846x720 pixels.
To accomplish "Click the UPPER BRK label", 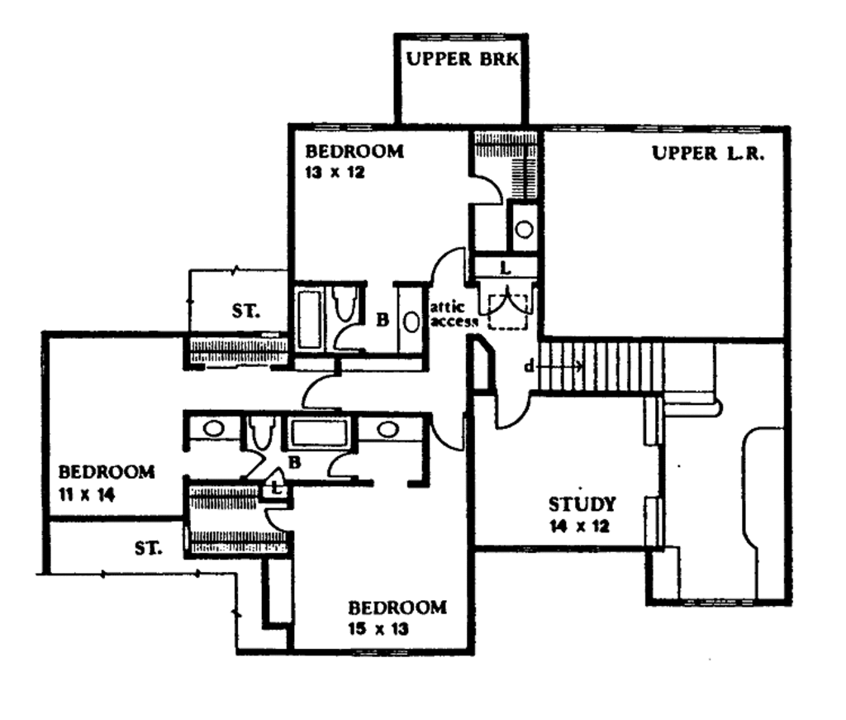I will click(460, 60).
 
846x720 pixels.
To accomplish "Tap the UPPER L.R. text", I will click(707, 153).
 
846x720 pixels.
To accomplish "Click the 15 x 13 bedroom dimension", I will click(378, 627).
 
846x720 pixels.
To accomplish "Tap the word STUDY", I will click(582, 504).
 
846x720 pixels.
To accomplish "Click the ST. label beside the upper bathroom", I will click(245, 312).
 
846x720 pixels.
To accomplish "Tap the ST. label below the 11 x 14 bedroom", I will click(149, 547).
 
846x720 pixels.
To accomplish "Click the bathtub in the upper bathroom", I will click(310, 318).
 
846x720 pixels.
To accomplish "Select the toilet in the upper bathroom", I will click(345, 303).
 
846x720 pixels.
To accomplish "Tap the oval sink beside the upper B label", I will click(411, 320).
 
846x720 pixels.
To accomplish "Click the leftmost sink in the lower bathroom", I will click(212, 429).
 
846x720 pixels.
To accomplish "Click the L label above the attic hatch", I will click(505, 268).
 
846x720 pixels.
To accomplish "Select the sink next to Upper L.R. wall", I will click(524, 229).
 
